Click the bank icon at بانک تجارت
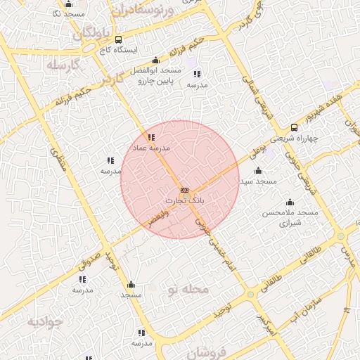pyautogui.click(x=184, y=190)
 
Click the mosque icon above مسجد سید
pyautogui.click(x=258, y=171)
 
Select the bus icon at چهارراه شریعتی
pyautogui.click(x=294, y=127)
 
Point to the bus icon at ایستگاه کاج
pyautogui.click(x=118, y=39)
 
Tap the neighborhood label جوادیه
pyautogui.click(x=45, y=321)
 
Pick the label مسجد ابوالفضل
pyautogui.click(x=161, y=71)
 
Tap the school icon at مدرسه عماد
pyautogui.click(x=151, y=136)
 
